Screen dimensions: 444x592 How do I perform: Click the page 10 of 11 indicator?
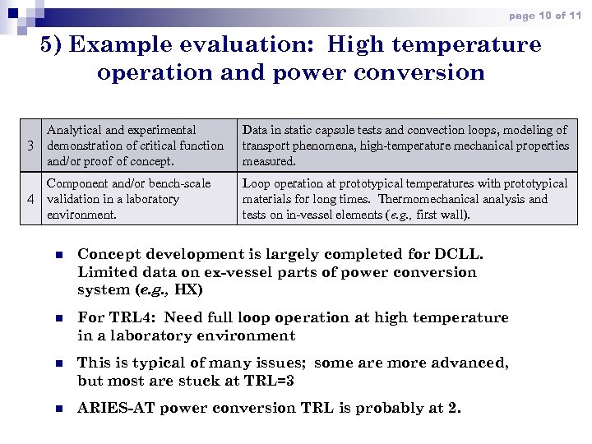(545, 16)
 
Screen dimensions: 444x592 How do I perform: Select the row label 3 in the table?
(30, 146)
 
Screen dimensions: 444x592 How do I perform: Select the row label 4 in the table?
(30, 199)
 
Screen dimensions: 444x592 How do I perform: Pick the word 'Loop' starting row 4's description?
(256, 183)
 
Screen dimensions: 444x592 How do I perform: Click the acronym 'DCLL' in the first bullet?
(463, 254)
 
